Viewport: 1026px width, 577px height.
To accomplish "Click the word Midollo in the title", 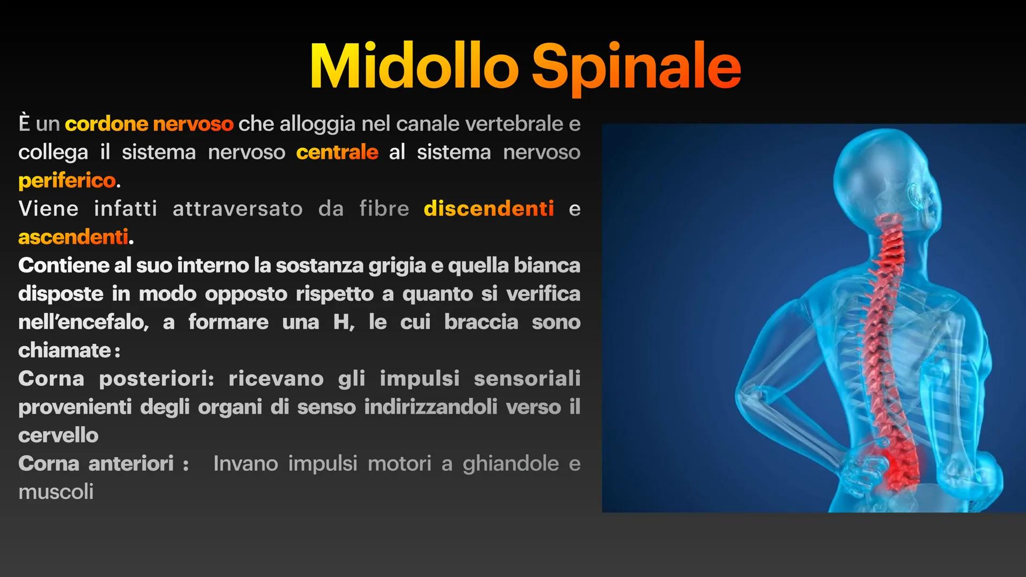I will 414,67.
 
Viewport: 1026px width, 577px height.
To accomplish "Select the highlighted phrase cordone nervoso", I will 149,124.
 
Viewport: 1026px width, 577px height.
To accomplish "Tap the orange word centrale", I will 337,152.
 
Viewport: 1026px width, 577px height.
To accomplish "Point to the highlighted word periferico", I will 67,181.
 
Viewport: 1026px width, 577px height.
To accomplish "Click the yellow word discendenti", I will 488,208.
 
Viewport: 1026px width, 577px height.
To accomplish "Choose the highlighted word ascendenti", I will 73,237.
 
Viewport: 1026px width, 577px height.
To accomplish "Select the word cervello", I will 58,435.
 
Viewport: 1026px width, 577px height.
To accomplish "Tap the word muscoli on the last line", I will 56,492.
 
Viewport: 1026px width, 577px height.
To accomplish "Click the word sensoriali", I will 527,379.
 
